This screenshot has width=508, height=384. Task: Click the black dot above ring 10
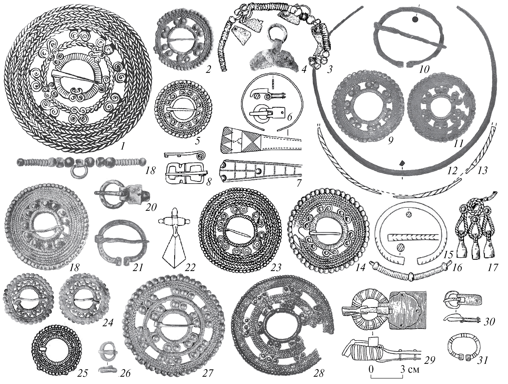point(415,20)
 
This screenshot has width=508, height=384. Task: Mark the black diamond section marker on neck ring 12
point(401,163)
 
